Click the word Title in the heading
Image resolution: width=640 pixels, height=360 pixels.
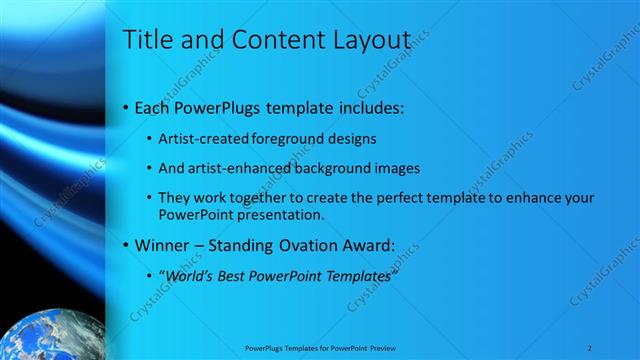(x=146, y=41)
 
